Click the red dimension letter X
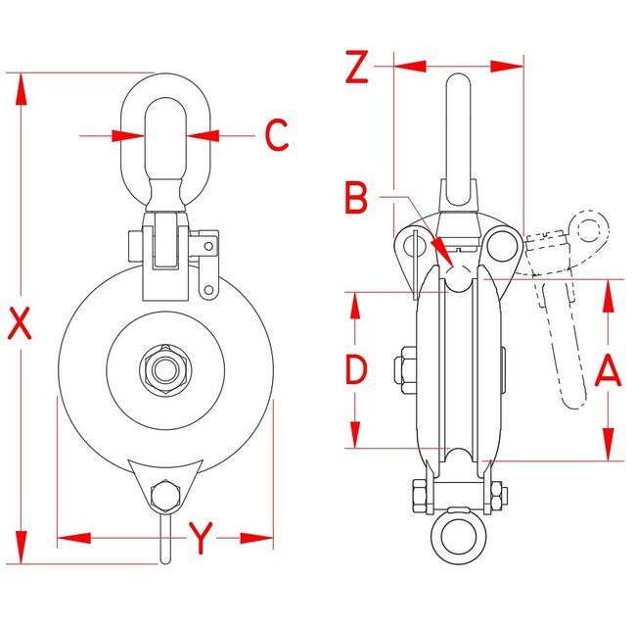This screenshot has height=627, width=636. pos(20,323)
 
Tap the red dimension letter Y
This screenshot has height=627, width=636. pos(201,538)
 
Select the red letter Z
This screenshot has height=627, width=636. pos(357,67)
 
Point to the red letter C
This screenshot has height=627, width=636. pos(277,135)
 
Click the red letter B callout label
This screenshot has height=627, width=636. pos(356,198)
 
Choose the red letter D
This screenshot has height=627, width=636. pos(356,369)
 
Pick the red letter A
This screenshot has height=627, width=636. pos(608,370)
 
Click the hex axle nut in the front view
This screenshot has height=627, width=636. pos(165,369)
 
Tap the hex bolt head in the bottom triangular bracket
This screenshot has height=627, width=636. pos(165,496)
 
